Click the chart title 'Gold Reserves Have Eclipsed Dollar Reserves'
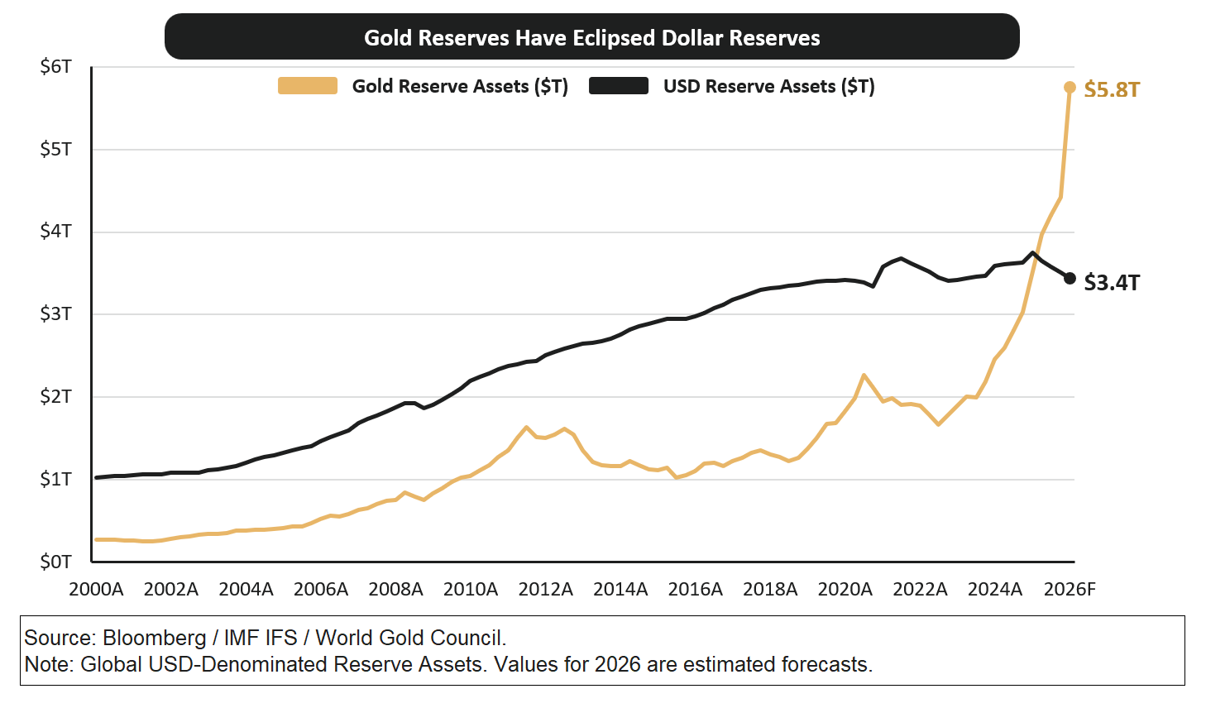[591, 38]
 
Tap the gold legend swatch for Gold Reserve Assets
[307, 86]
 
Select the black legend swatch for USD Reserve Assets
[618, 86]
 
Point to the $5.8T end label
[1111, 89]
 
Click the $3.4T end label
[1111, 283]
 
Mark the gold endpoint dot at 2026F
[1070, 87]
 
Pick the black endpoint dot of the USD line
[1070, 278]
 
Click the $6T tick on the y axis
[55, 66]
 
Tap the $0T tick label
[55, 562]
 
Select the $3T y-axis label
[55, 313]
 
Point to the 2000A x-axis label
[96, 589]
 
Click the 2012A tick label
[545, 589]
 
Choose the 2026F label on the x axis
[1069, 589]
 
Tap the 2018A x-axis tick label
[770, 589]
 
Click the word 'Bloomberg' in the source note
[154, 638]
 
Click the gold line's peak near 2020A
[864, 376]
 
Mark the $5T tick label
[55, 149]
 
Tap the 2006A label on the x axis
[321, 589]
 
